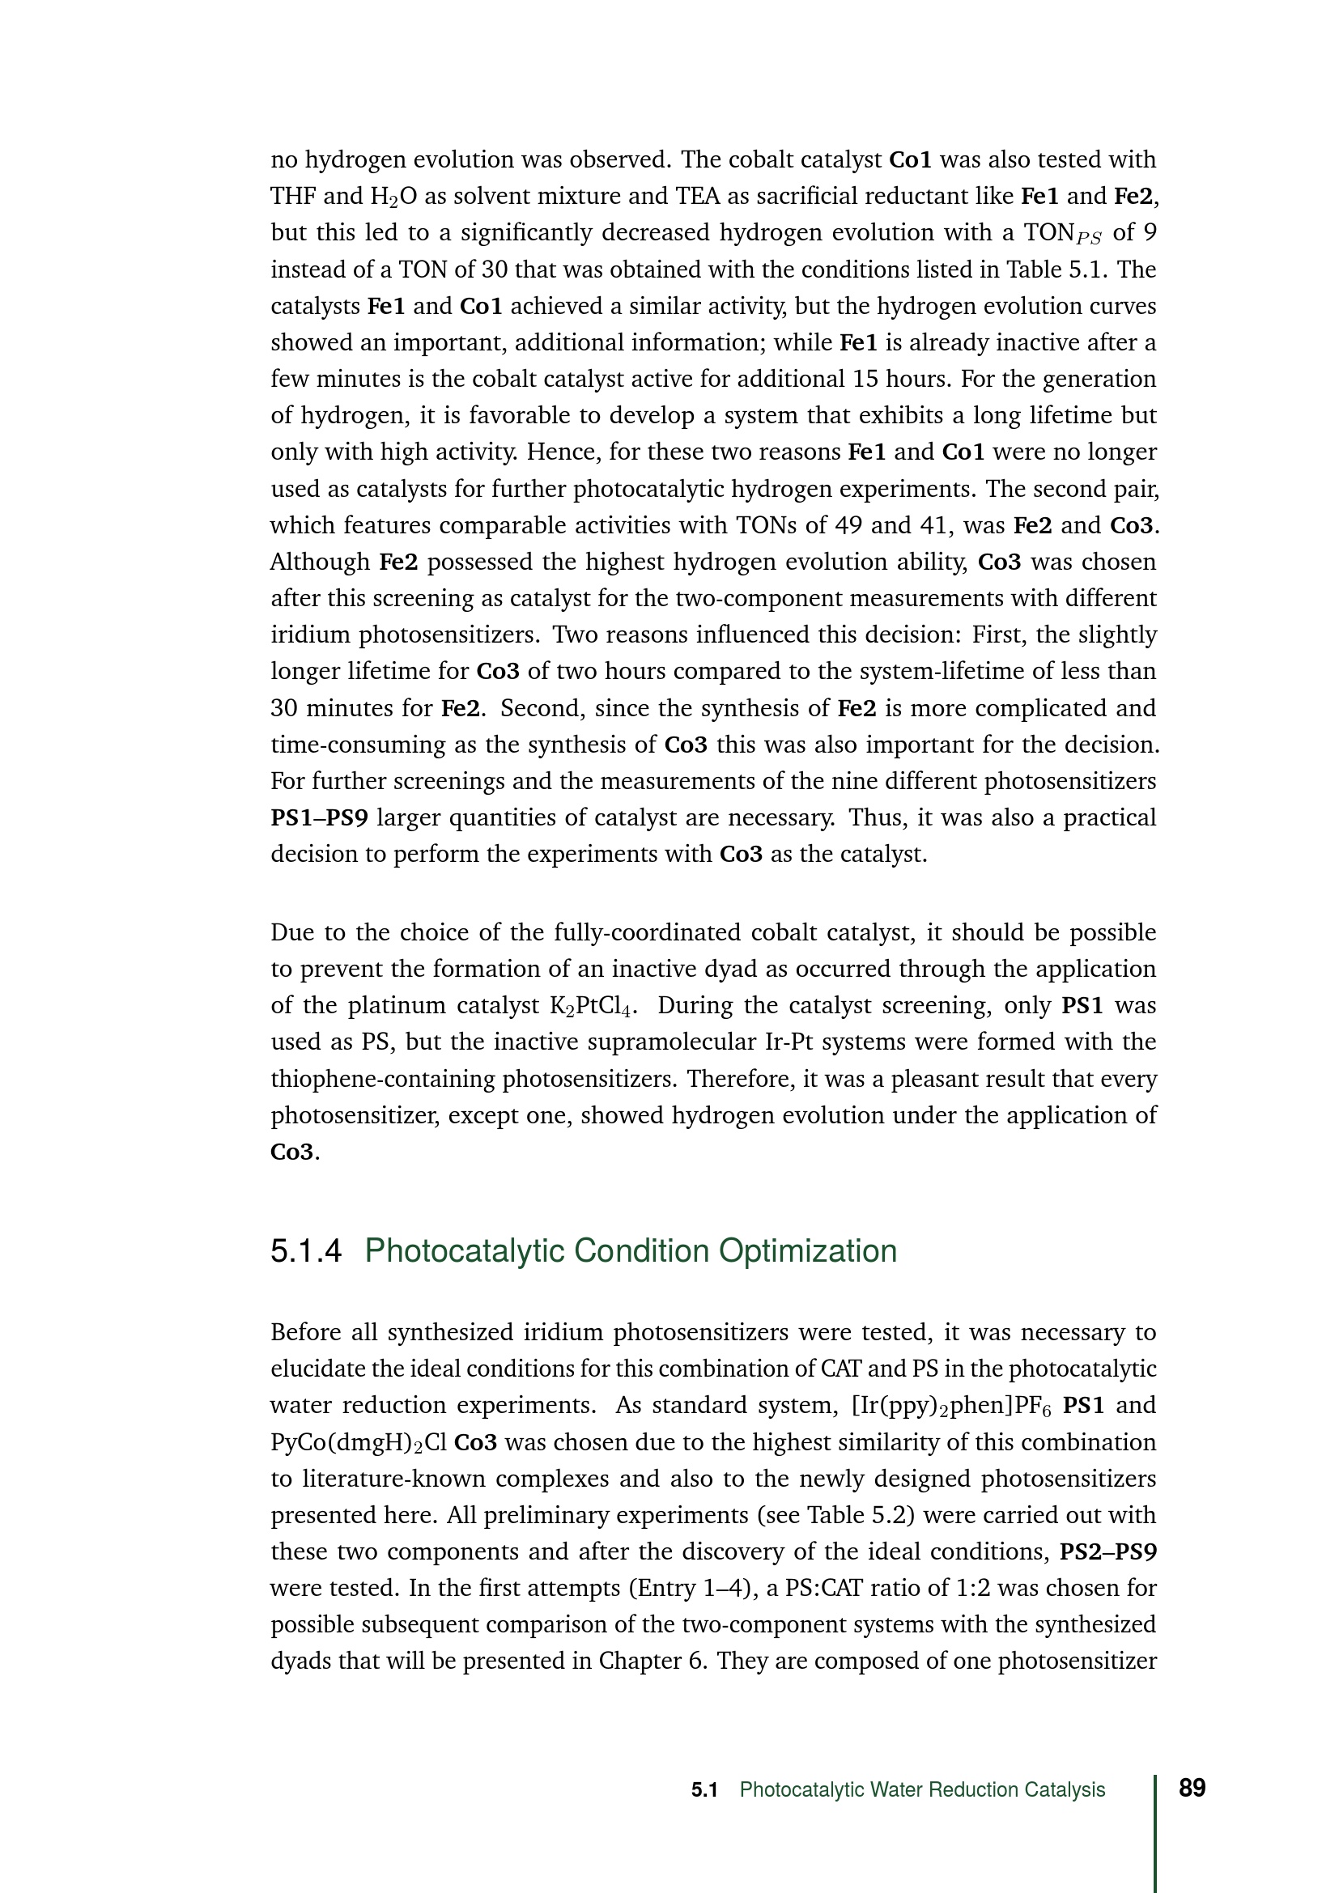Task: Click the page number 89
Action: (1192, 1789)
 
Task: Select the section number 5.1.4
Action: (305, 1251)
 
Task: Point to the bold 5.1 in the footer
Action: (704, 1790)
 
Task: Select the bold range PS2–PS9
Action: (1107, 1551)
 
